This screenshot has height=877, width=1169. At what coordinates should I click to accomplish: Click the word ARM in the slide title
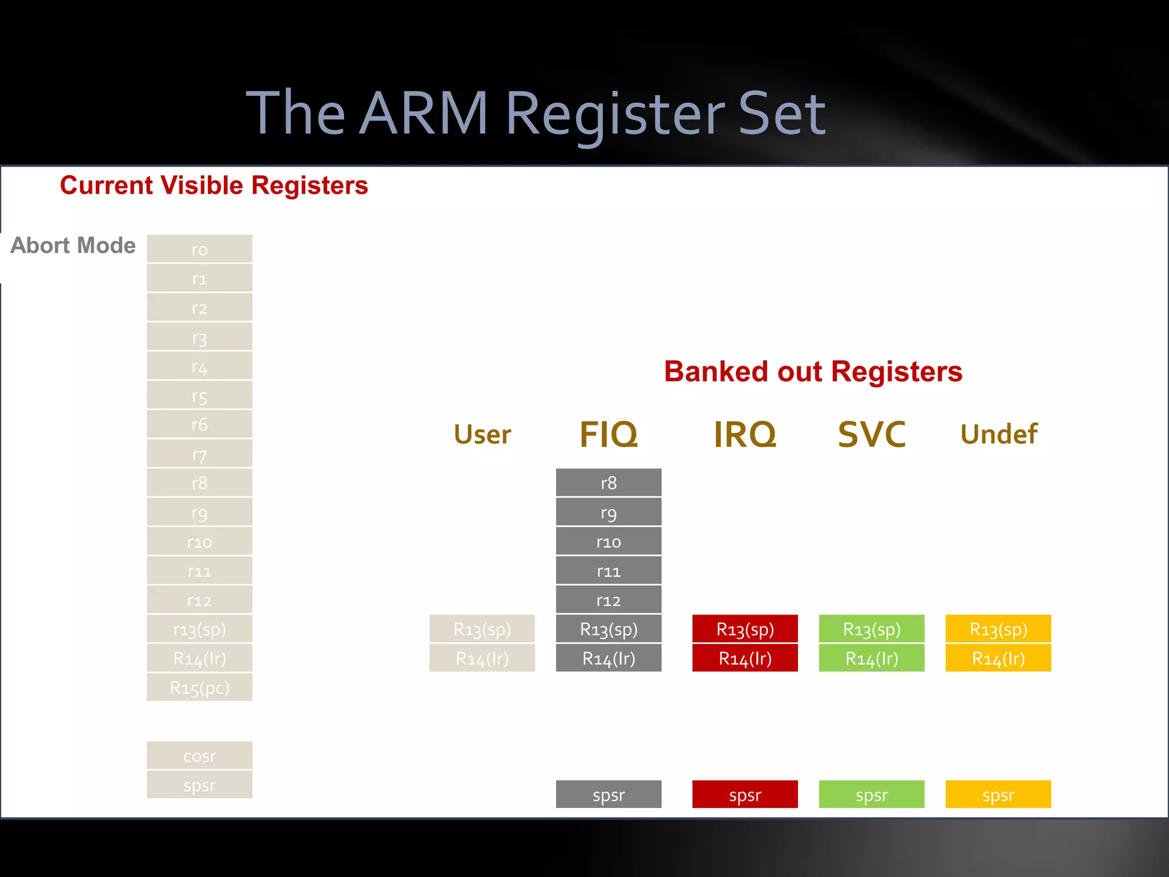pos(424,114)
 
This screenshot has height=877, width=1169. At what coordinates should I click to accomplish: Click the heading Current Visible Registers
pos(213,186)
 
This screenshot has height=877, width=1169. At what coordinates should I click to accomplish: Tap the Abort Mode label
pos(73,246)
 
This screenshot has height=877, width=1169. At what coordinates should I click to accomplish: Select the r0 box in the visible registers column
pos(199,249)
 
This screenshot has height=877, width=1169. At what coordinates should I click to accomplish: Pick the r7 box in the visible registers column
pos(199,454)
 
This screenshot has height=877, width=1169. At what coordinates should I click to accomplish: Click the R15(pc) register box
pos(199,687)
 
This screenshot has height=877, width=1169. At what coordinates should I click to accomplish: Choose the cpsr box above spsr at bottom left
pos(199,756)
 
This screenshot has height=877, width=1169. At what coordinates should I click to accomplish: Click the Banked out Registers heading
pos(813,372)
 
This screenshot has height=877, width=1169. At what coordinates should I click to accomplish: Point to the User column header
pos(482,435)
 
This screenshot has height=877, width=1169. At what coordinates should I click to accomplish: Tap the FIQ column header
pos(608,435)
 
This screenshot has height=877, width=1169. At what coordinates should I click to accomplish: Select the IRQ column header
pos(745,435)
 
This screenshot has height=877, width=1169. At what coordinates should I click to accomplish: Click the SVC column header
pos(872,435)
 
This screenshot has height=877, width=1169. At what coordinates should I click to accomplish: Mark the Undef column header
pos(998,435)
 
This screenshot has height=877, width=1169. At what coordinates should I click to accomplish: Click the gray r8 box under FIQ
pos(608,483)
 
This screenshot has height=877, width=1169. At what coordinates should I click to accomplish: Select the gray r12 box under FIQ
pos(608,600)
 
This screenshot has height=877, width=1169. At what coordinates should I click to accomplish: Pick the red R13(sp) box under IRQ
pos(745,629)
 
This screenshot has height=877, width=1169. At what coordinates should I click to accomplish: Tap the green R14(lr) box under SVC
pos(872,658)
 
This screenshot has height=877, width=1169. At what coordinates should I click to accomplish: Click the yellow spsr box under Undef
pos(998,795)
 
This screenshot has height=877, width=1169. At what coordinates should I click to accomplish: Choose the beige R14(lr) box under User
pos(482,658)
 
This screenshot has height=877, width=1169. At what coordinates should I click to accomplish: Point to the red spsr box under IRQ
pos(745,795)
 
